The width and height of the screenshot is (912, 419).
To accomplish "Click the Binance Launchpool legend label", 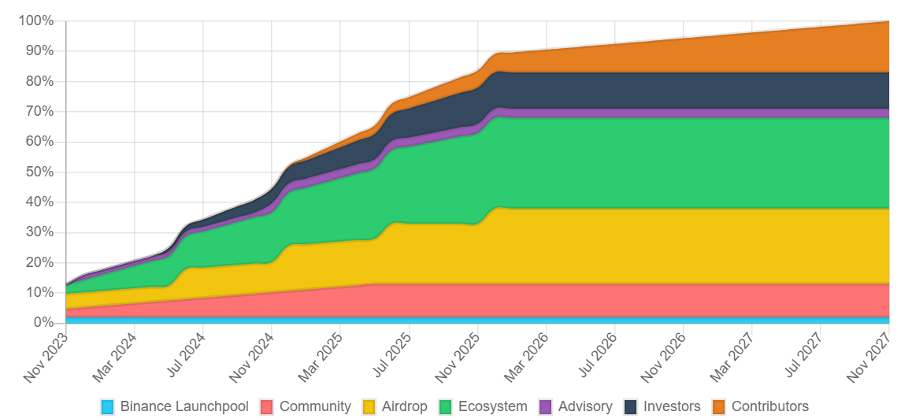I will click(x=184, y=406).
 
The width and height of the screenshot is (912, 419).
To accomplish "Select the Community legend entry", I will click(x=315, y=406).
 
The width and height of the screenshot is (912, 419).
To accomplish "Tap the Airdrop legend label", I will click(x=405, y=406).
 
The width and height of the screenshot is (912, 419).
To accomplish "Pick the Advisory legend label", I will click(x=585, y=406).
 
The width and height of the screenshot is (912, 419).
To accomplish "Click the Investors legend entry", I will click(x=672, y=406).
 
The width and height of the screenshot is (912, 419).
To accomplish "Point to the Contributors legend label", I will click(x=770, y=406).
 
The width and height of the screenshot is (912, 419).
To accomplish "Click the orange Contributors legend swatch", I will click(x=719, y=406).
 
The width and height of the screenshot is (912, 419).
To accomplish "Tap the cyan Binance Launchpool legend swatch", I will click(x=108, y=406).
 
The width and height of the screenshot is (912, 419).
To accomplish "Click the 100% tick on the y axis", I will click(x=35, y=20).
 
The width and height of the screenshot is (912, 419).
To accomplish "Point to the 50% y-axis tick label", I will click(x=39, y=172).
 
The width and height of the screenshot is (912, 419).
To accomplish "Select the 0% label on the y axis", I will click(x=43, y=323).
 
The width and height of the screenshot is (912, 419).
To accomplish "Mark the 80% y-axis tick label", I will click(x=39, y=81).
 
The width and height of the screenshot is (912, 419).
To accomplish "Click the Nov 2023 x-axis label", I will click(x=46, y=358).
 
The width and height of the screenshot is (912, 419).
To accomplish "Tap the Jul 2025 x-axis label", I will click(x=389, y=358).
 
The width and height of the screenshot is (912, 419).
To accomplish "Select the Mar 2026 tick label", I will click(x=526, y=358).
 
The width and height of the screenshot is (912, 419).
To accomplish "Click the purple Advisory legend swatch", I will click(x=546, y=406).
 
